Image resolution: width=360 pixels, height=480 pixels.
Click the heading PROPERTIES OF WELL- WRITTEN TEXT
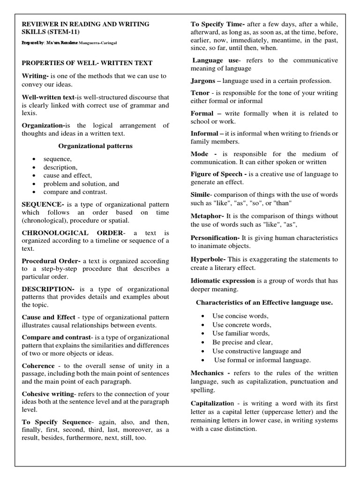click(x=87, y=63)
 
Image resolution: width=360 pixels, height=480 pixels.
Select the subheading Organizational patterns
click(x=95, y=146)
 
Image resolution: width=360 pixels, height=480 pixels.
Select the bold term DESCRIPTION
click(x=48, y=289)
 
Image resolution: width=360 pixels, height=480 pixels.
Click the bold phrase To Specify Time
click(x=217, y=24)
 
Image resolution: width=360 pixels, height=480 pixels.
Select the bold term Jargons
click(x=203, y=81)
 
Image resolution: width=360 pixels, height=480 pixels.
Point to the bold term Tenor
click(x=200, y=93)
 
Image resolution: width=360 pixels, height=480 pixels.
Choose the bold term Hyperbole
click(x=208, y=259)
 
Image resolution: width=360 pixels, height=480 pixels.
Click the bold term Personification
click(x=215, y=238)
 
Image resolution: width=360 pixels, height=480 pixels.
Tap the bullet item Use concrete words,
click(x=241, y=324)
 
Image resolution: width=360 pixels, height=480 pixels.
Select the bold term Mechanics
click(x=209, y=373)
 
